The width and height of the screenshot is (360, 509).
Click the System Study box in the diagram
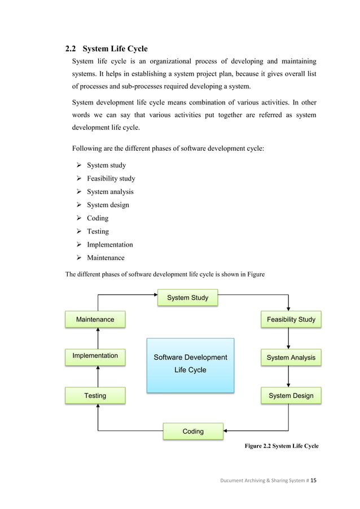(187, 298)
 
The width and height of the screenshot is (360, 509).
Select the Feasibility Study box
(291, 319)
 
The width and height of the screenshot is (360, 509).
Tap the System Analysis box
(291, 358)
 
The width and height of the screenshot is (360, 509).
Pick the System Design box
(291, 396)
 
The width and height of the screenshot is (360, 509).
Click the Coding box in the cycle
(193, 431)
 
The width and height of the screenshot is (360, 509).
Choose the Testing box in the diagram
(95, 396)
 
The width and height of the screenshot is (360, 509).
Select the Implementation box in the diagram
(95, 356)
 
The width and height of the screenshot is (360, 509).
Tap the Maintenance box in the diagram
(95, 319)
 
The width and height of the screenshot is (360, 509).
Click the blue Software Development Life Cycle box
(190, 365)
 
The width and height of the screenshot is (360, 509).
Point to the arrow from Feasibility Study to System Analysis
(288, 339)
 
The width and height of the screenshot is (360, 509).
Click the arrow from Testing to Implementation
(98, 376)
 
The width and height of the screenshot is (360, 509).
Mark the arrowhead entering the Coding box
(226, 431)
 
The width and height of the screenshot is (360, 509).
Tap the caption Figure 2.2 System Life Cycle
(281, 446)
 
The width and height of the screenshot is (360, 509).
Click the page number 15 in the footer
(314, 480)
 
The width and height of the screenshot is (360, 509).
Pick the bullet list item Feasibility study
(111, 178)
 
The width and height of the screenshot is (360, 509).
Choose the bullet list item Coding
(97, 218)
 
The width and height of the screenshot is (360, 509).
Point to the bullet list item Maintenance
(106, 258)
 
